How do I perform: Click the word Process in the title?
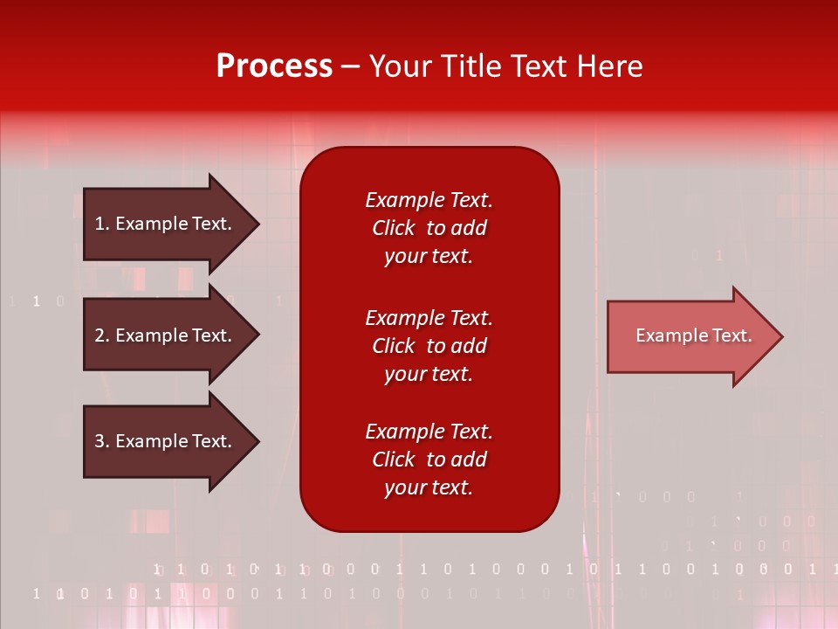coord(274,66)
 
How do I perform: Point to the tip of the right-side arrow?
coord(780,336)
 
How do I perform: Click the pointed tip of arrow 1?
coord(256,224)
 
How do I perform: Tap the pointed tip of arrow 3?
coord(256,441)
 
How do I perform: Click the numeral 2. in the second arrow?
coord(101,335)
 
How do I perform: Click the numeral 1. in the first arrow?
coord(101,224)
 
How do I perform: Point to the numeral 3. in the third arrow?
coord(101,441)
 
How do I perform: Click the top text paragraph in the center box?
coord(429,228)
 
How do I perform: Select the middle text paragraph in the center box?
coord(429,346)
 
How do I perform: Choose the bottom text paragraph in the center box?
coord(429,460)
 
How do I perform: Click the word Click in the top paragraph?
coord(393,228)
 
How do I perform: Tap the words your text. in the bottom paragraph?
coord(429,487)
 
